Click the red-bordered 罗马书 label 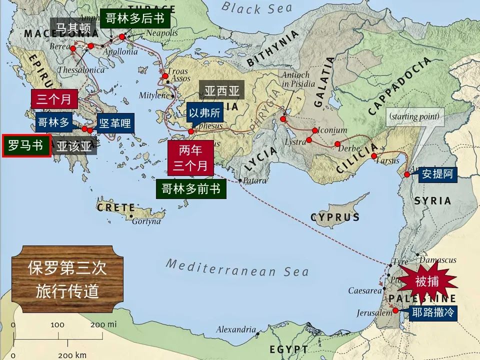[26, 146]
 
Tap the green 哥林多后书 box [135, 18]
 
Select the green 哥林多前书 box [190, 188]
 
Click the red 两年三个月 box [190, 157]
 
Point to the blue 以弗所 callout [205, 112]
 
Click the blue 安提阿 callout [437, 173]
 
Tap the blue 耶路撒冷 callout [432, 312]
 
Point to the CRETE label [116, 207]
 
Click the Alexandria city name [236, 329]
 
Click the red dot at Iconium [314, 131]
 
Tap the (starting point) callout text [414, 117]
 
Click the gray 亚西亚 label [221, 91]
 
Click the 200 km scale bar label [72, 355]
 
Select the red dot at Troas [165, 76]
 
